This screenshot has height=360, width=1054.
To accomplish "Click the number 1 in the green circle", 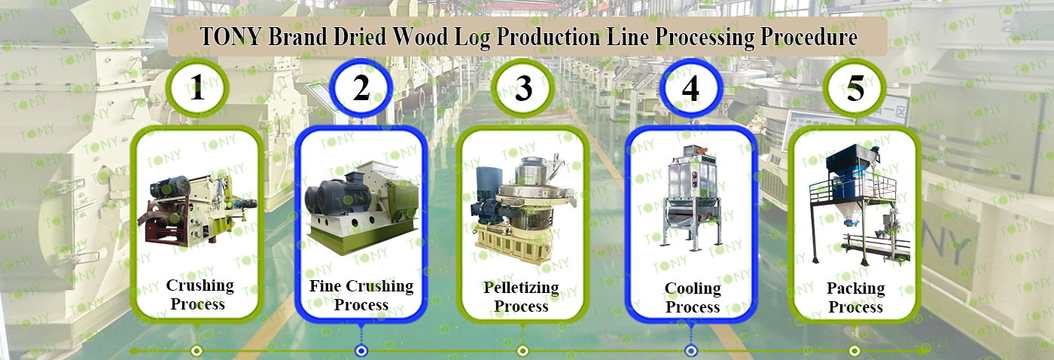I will tap(197, 90).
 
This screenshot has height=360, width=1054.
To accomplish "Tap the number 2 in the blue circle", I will tap(361, 90).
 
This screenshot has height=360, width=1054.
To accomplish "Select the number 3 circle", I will tap(523, 90).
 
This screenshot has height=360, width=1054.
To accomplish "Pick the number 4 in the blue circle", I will tap(690, 90).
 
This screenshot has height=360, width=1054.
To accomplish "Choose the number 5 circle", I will tap(855, 90).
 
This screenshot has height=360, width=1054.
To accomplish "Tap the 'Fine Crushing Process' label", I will tap(361, 295).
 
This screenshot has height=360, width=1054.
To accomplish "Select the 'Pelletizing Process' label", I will tap(521, 297).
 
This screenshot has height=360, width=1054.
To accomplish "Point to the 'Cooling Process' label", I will tap(693, 297).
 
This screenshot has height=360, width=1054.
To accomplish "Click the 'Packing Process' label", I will tap(855, 297).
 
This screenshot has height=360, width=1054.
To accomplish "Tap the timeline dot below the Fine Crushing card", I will tap(361, 350).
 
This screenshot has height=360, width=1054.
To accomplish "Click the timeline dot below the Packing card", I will tap(854, 350).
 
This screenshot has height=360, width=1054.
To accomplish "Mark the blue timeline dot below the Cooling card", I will tap(690, 350).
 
